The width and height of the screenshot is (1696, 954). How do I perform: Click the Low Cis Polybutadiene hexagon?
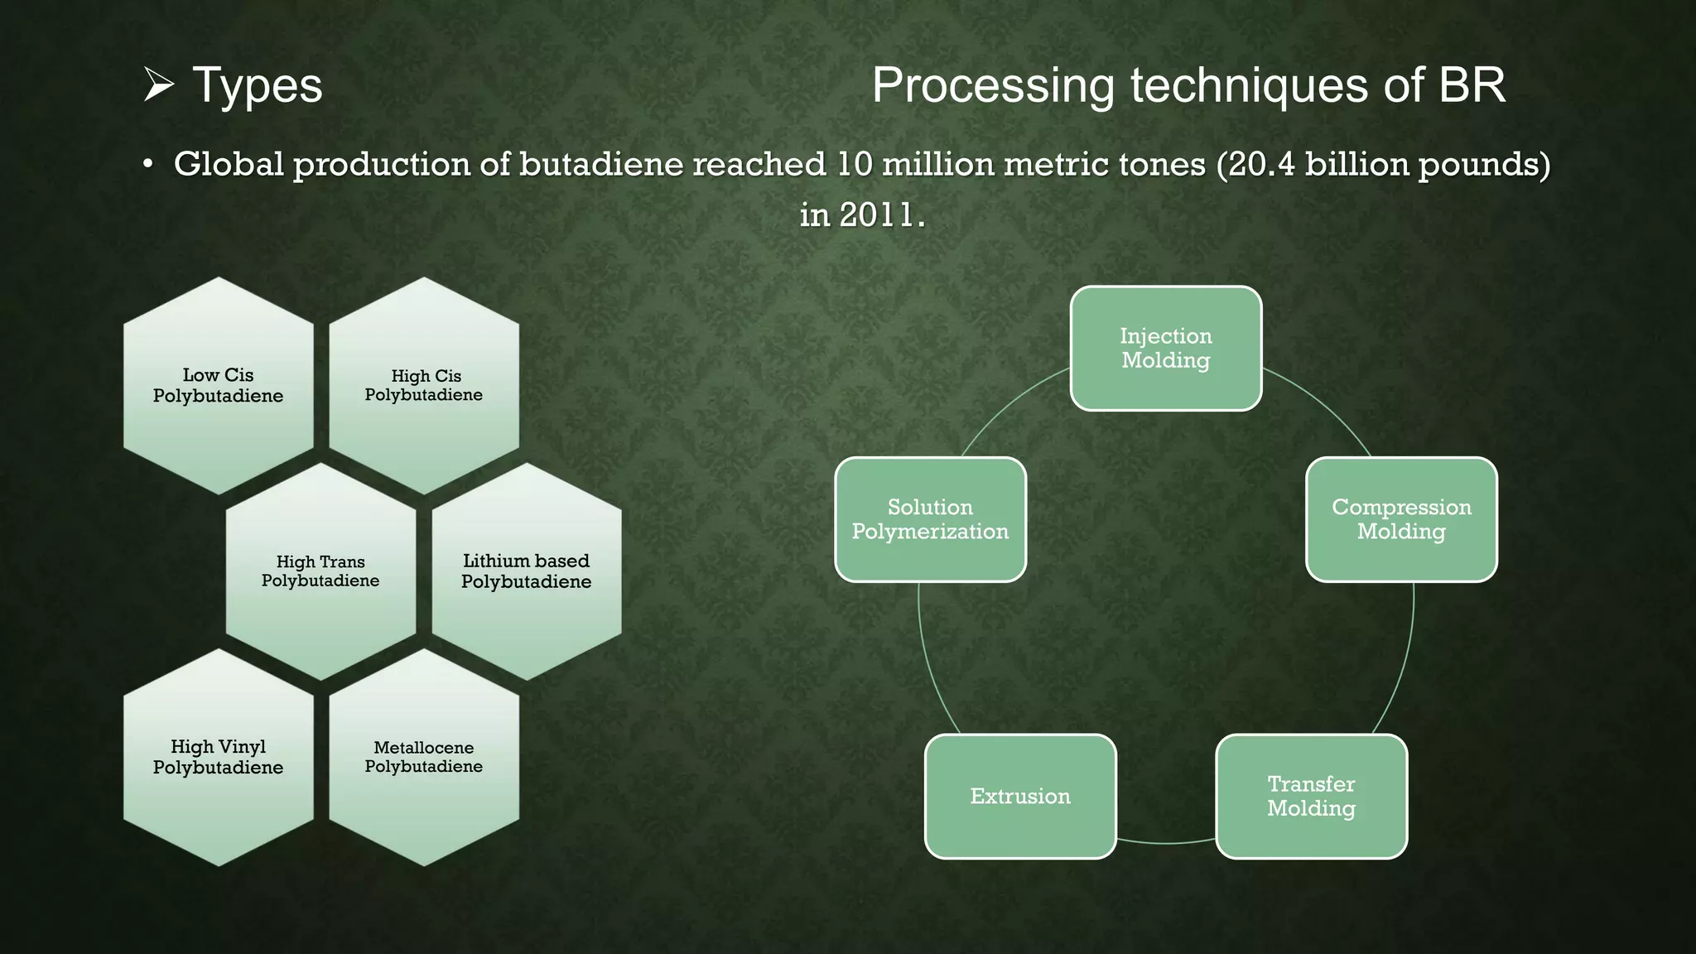coord(219,385)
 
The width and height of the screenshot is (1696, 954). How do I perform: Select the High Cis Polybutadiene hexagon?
coord(424,385)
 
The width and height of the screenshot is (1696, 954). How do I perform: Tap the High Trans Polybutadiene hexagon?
coord(320,571)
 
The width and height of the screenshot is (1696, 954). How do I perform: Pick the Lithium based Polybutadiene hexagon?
coord(527,571)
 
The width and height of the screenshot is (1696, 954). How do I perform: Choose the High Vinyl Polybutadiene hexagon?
coord(219,757)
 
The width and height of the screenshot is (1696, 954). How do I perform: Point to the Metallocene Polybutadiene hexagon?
coord(424,757)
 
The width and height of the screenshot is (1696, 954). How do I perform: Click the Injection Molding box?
coord(1166,348)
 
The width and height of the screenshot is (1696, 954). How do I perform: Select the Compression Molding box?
coord(1401,519)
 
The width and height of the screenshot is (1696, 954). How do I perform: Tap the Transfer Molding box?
coord(1311,796)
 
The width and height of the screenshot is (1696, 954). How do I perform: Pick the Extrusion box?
coord(1020,796)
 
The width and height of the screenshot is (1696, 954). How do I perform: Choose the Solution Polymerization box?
coord(930,519)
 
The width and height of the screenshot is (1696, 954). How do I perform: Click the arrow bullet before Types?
coord(157,85)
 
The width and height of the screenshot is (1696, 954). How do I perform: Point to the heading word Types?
coord(257,85)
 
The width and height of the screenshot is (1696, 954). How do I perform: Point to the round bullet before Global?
coord(147,165)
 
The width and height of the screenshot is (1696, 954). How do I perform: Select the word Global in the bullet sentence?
coord(229,164)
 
